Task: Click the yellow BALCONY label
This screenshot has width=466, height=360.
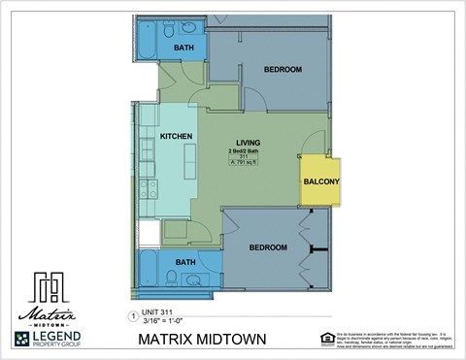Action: pos(321,181)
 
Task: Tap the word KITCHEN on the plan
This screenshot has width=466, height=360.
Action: pos(175,136)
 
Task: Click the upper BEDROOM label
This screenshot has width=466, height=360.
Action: pos(283,70)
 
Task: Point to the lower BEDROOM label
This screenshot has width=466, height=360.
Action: pos(268,247)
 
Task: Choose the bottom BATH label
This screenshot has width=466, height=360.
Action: pos(184,262)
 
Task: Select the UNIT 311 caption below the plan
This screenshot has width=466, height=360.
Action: pos(161,312)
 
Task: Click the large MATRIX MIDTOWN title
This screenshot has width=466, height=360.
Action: pos(221,340)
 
